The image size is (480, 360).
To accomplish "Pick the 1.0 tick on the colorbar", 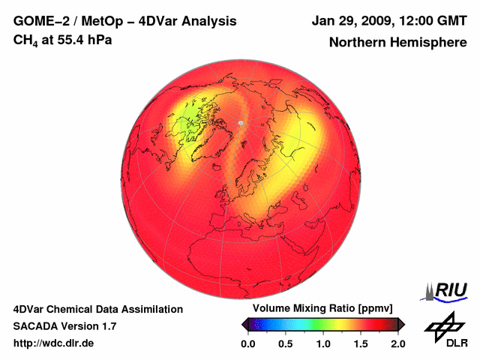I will [x=322, y=343].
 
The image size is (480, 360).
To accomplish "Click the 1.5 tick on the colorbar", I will [x=360, y=343].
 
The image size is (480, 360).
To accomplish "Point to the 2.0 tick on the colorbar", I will [x=397, y=343].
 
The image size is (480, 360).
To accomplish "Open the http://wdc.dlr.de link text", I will [x=53, y=343].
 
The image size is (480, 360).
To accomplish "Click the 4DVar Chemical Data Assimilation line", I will [x=98, y=309].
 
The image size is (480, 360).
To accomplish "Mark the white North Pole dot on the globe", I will [x=239, y=121].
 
